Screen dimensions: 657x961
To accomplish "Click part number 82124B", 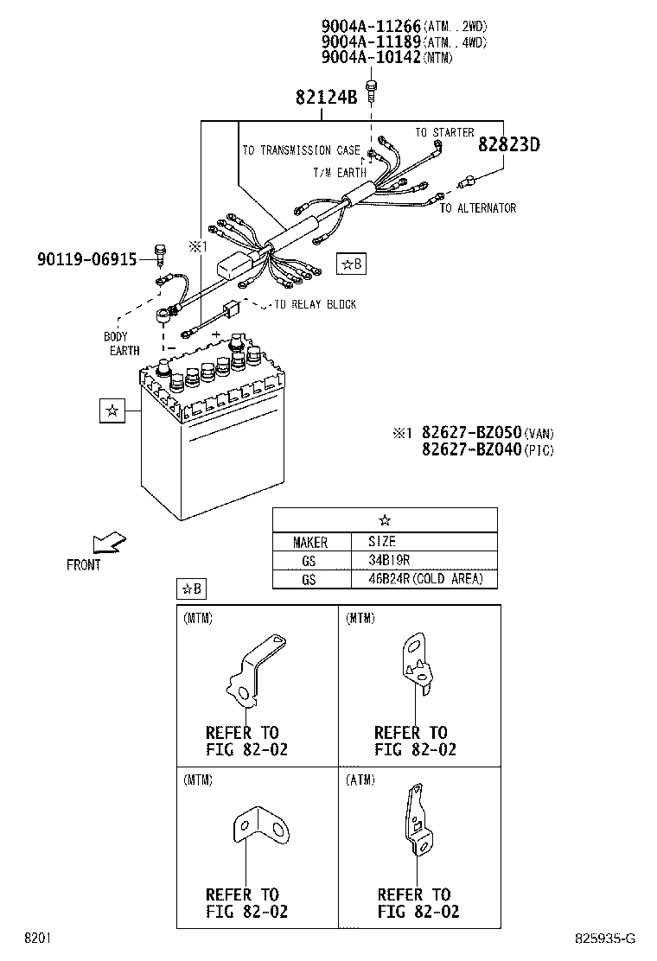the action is pyautogui.click(x=326, y=97).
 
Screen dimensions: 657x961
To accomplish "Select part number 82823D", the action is pyautogui.click(x=508, y=144).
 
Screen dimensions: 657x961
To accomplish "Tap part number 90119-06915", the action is pyautogui.click(x=87, y=259).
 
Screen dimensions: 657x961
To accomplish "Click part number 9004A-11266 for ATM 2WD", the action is pyautogui.click(x=372, y=26).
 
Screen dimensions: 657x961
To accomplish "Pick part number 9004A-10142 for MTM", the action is pyautogui.click(x=372, y=57).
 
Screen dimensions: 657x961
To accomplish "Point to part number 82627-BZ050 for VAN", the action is pyautogui.click(x=471, y=432).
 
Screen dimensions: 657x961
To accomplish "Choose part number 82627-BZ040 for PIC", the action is pyautogui.click(x=471, y=449).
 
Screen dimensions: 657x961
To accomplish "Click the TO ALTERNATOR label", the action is pyautogui.click(x=478, y=208).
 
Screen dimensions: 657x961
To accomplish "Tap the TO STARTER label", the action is pyautogui.click(x=444, y=132).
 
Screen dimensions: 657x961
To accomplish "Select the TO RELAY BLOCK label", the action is pyautogui.click(x=315, y=304).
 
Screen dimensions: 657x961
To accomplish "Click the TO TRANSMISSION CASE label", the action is pyautogui.click(x=302, y=150).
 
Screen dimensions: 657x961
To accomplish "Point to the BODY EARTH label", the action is pyautogui.click(x=121, y=344).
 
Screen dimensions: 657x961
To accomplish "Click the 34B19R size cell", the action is pyautogui.click(x=389, y=560).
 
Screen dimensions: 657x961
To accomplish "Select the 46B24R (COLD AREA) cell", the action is pyautogui.click(x=425, y=579).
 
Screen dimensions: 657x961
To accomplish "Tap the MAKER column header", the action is pyautogui.click(x=310, y=543).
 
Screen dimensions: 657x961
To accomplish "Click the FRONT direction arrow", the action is pyautogui.click(x=108, y=543).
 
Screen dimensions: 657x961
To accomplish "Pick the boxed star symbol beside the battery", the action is pyautogui.click(x=112, y=410).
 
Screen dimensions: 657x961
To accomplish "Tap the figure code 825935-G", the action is pyautogui.click(x=605, y=939).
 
